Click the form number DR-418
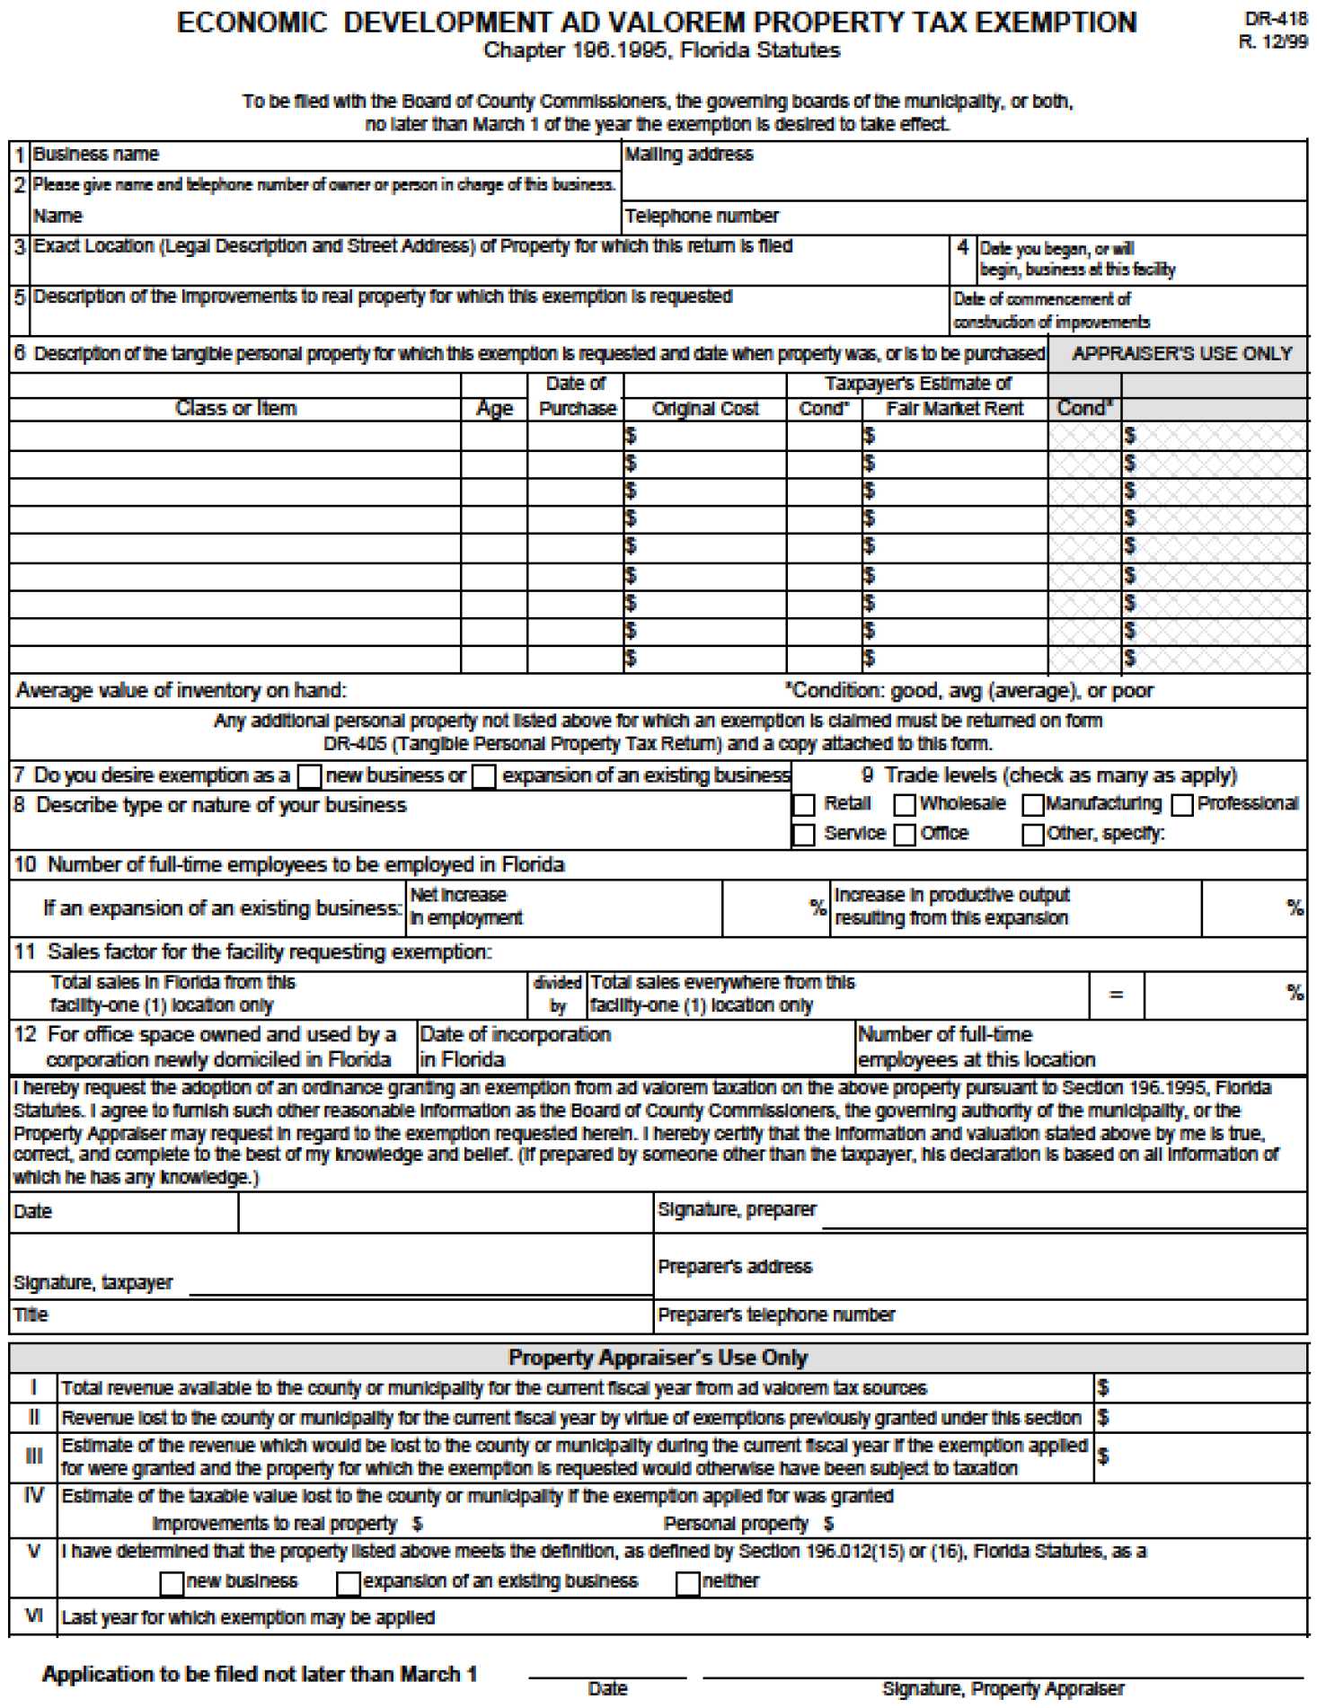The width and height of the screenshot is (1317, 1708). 1276,19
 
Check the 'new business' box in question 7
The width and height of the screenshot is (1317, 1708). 309,776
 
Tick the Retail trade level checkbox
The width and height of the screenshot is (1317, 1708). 804,805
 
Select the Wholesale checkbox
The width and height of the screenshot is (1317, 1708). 905,805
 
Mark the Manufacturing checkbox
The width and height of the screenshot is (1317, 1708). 1033,805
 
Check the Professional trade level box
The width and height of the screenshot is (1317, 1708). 1182,805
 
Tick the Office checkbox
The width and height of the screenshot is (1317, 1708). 905,835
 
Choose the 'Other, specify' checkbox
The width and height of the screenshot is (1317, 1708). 1033,835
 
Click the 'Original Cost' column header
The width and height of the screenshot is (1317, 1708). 705,409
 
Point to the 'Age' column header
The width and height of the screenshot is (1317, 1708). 494,409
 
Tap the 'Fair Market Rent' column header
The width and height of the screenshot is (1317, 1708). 954,409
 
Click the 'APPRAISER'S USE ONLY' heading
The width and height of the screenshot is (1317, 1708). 1181,354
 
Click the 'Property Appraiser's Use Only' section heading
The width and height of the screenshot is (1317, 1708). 658,1358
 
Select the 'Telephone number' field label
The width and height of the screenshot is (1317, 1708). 702,217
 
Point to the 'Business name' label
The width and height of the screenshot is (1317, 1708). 95,155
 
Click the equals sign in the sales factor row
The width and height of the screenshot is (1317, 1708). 1116,995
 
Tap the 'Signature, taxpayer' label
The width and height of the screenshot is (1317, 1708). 93,1283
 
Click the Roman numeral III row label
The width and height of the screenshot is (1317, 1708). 33,1456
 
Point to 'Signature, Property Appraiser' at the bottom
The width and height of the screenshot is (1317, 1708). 1003,1689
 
